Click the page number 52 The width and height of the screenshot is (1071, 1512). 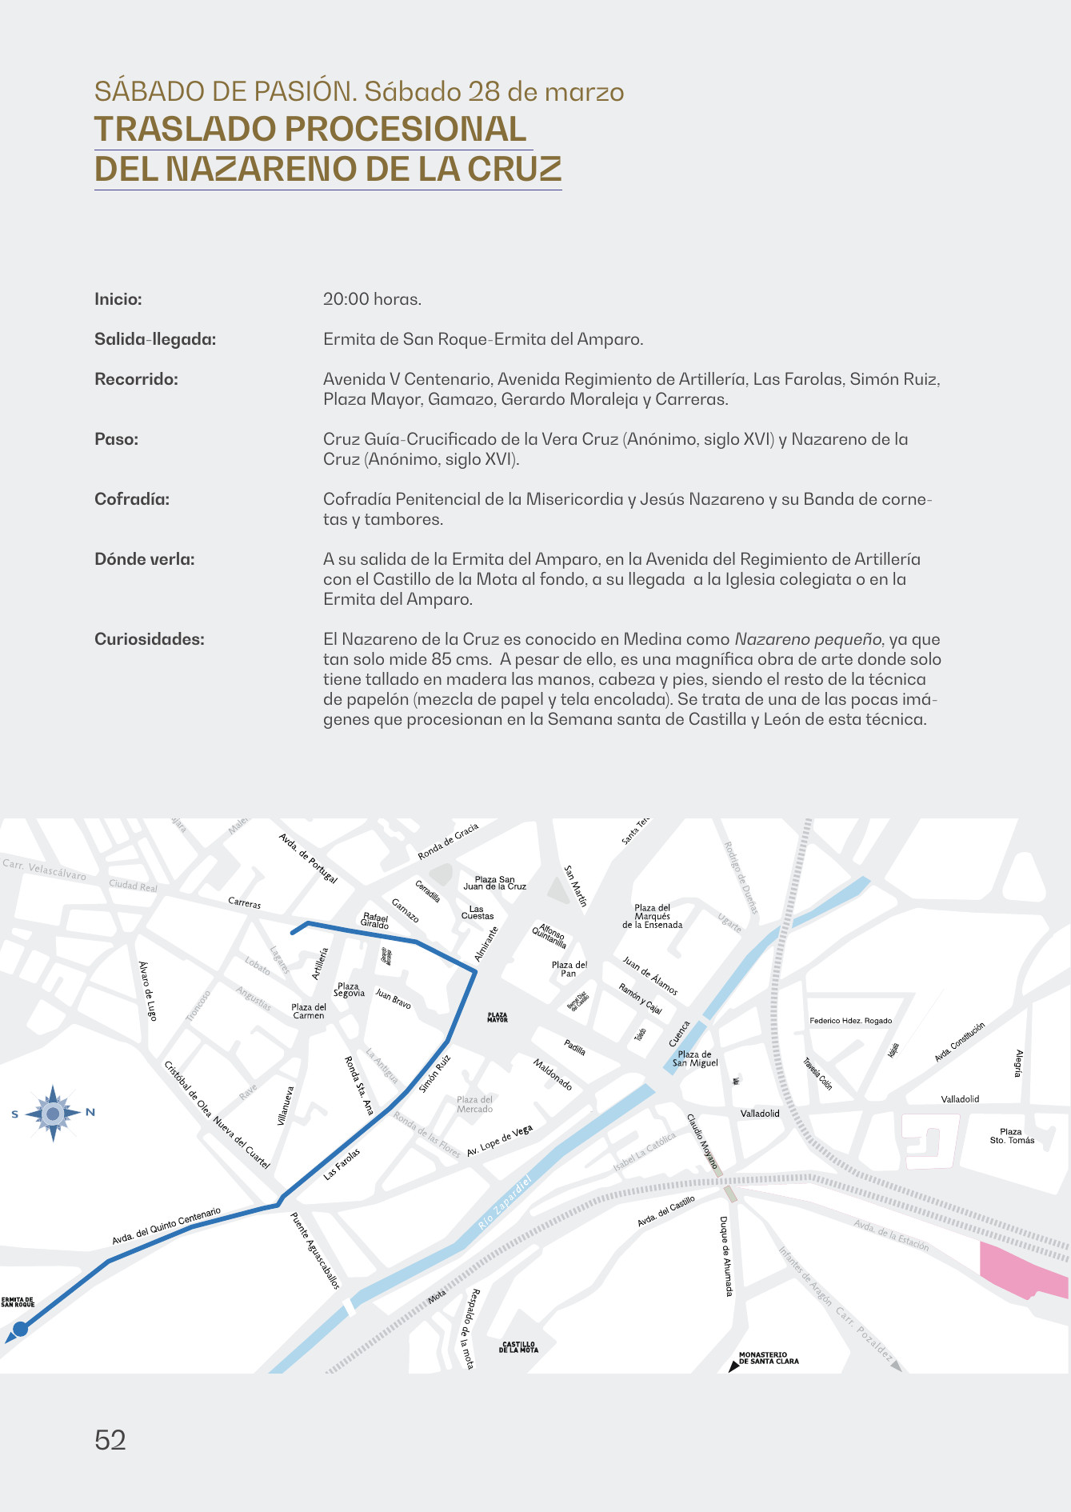tap(110, 1440)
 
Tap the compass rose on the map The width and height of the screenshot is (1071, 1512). tap(53, 1113)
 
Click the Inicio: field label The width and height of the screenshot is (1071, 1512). tap(118, 299)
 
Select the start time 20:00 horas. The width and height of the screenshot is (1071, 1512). tap(372, 299)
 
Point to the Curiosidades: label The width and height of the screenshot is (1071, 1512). tap(150, 639)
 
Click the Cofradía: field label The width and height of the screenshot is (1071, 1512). tap(132, 499)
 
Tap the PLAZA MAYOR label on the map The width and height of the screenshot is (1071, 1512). tap(498, 1018)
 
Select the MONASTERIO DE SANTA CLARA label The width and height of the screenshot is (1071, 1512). tap(768, 1358)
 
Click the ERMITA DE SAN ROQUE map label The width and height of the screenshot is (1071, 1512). tap(18, 1303)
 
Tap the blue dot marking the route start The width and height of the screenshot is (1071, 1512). tap(21, 1329)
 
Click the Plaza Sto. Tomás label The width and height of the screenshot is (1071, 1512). tap(1011, 1136)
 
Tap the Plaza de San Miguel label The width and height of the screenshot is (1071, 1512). tap(695, 1058)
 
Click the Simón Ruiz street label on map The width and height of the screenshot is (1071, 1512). tap(435, 1074)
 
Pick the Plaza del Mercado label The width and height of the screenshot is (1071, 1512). tap(475, 1105)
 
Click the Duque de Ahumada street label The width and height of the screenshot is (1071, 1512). tap(725, 1257)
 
